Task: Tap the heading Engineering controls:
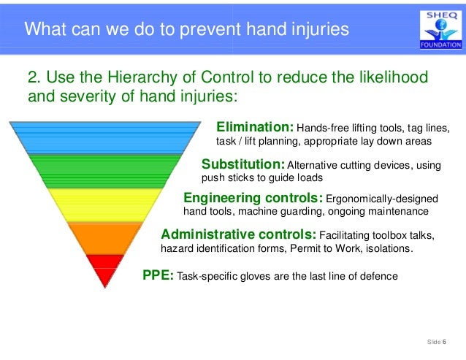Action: coord(253,198)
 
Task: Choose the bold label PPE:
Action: coord(158,276)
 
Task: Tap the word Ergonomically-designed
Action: coord(381,199)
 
